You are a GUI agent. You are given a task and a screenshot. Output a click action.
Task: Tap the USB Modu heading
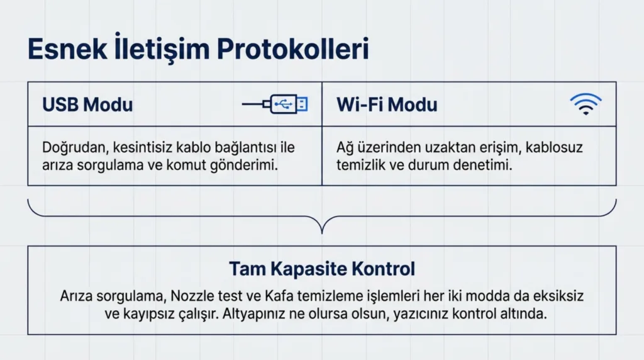click(87, 104)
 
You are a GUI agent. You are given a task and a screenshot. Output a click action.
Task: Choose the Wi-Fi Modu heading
click(387, 104)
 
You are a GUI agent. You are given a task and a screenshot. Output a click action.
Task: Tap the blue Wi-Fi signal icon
click(586, 104)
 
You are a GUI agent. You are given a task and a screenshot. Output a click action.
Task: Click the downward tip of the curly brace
click(322, 232)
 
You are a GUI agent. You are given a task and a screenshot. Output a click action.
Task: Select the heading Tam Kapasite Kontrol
click(321, 269)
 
